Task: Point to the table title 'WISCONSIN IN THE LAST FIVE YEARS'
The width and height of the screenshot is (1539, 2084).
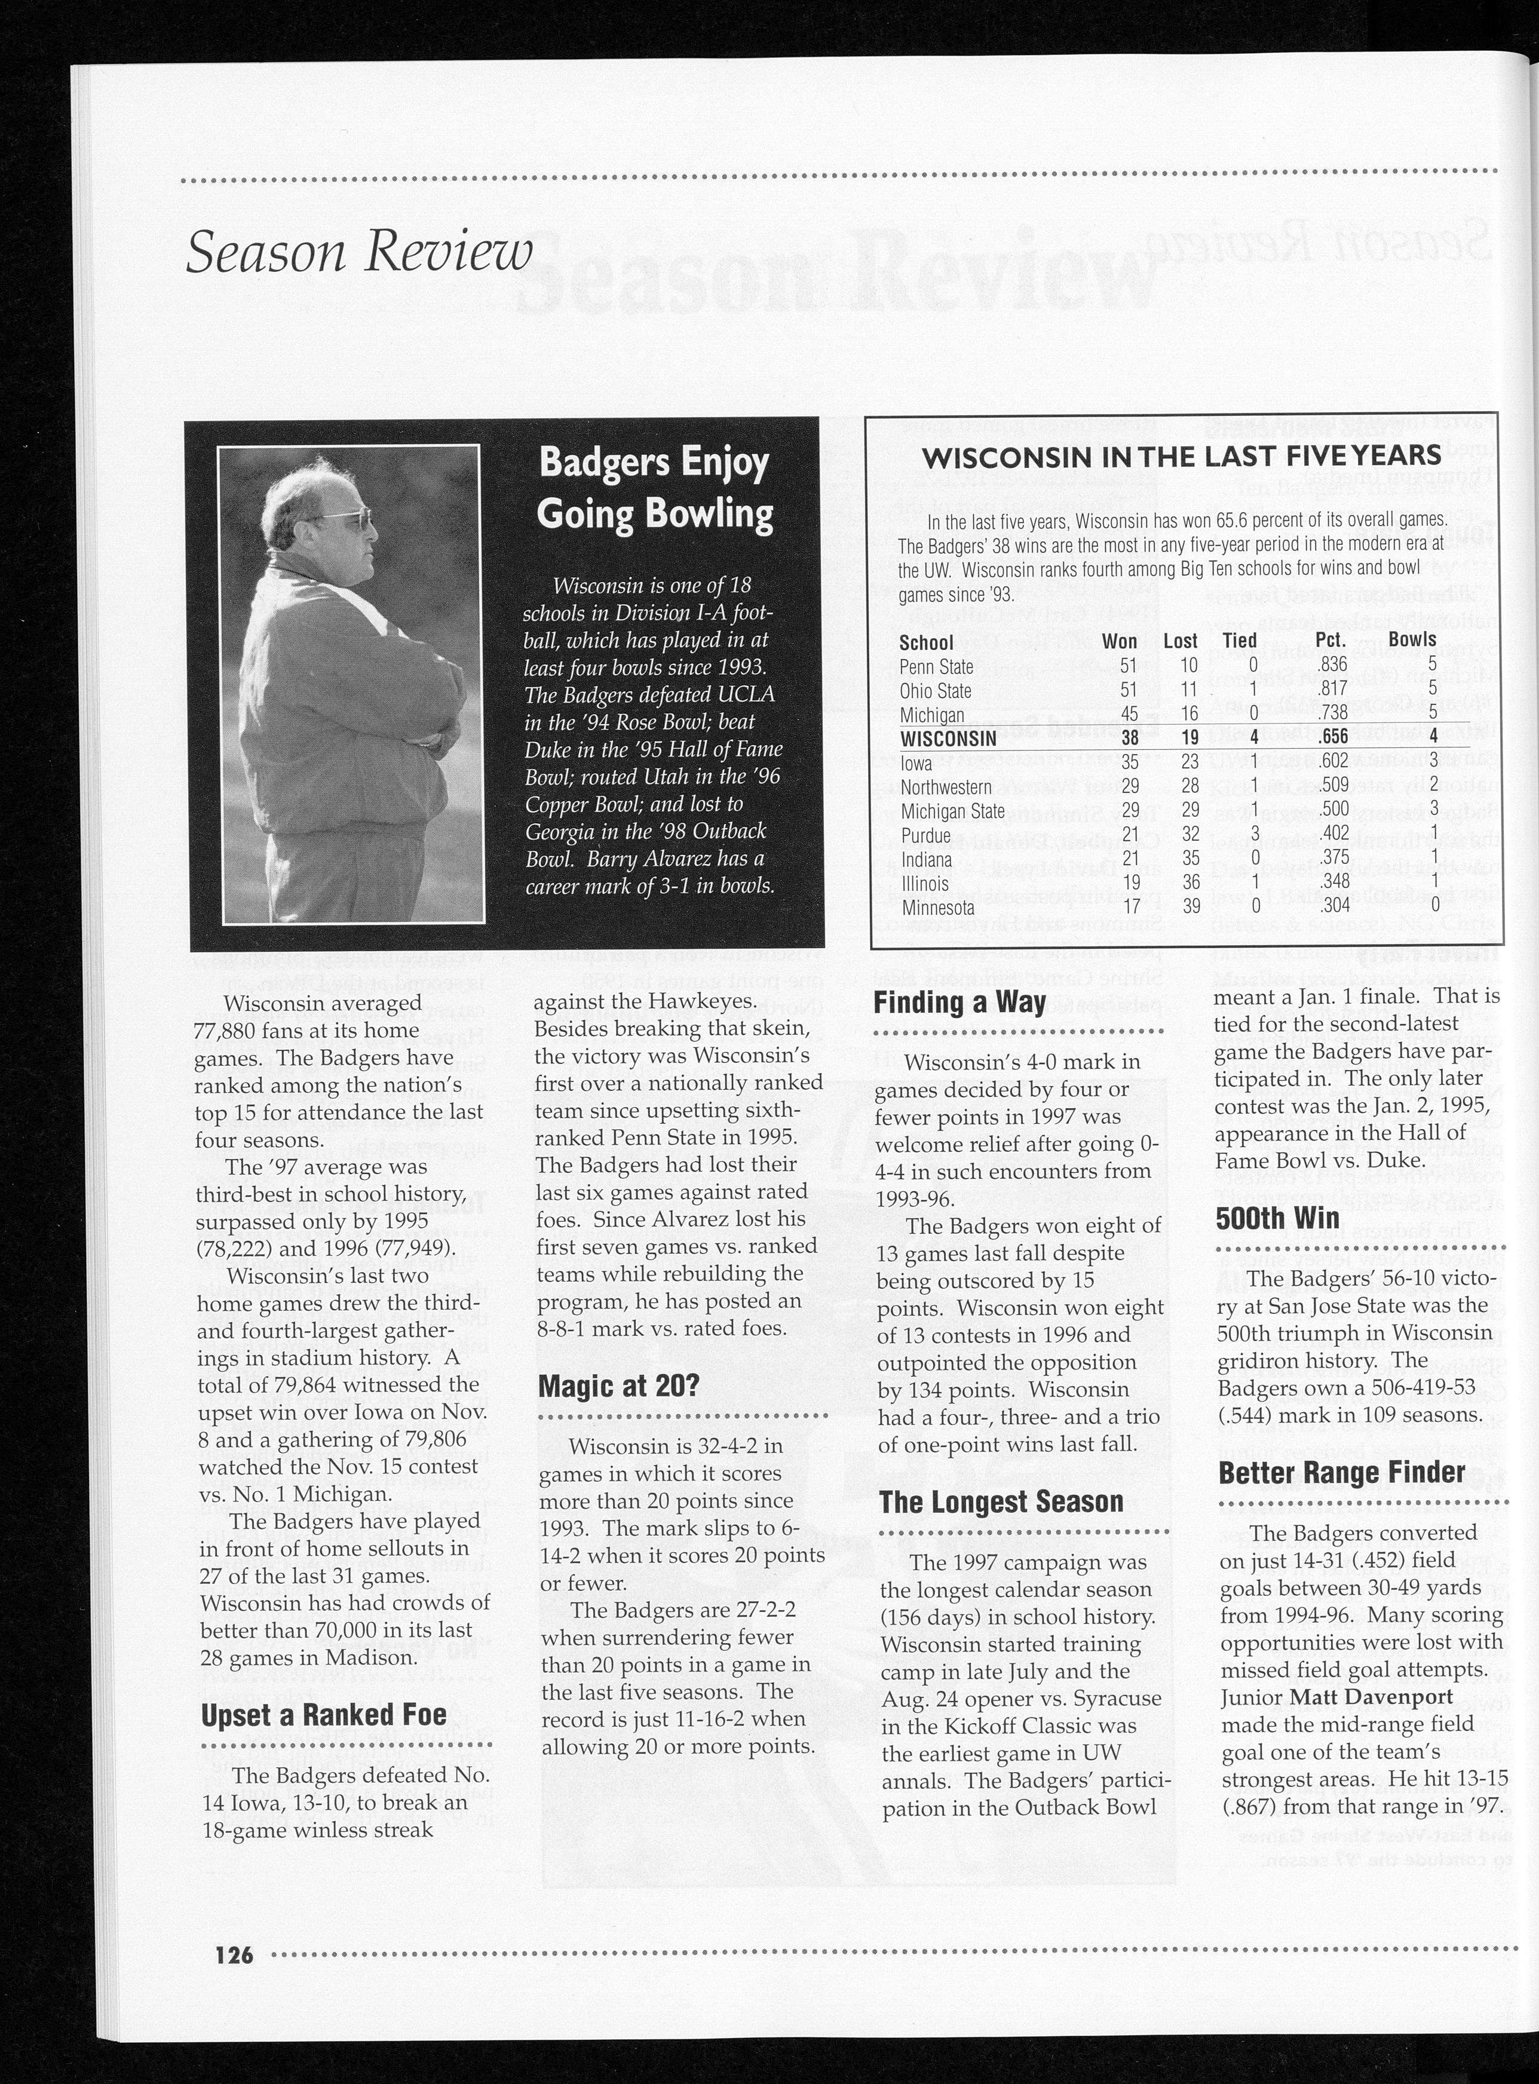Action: point(1181,456)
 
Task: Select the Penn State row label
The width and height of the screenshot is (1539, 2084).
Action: point(936,667)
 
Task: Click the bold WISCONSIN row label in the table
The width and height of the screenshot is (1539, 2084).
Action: point(948,738)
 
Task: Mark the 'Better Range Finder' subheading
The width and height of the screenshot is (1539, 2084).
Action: point(1341,1473)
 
